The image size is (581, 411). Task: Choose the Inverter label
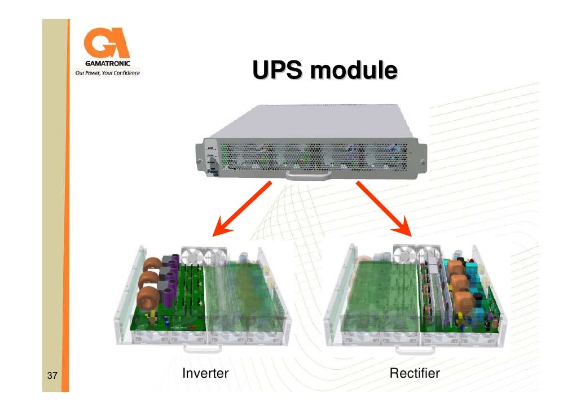205,373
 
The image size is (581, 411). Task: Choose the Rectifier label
415,373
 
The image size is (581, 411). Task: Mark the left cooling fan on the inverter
194,257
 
